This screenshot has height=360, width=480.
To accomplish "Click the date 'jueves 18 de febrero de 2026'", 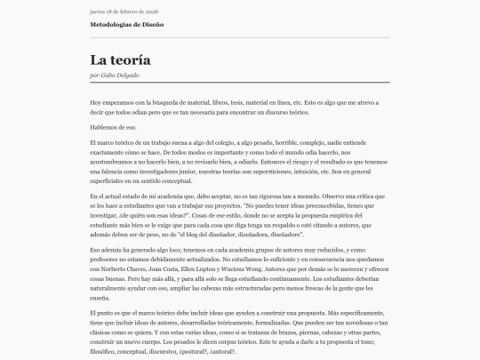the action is (121, 12).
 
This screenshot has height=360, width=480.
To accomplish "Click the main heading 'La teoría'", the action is (120, 60).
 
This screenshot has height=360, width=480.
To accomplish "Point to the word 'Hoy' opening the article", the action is (95, 103).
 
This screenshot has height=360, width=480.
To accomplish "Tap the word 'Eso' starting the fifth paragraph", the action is (95, 251).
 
